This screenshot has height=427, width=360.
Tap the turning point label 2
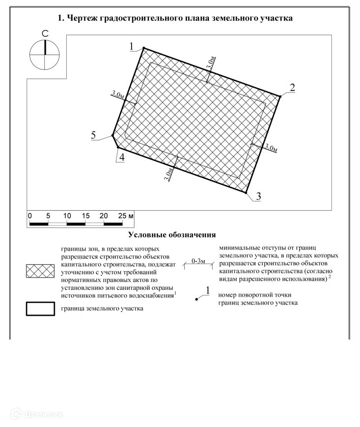292,87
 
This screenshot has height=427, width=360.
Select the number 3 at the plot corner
258,196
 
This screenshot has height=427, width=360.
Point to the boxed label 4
122,157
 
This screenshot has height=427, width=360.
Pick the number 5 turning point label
93,135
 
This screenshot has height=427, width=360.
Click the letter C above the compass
45,33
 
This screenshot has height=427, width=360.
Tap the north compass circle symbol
44,55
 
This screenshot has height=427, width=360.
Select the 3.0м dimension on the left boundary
117,95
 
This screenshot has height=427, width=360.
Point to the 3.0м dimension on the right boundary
271,147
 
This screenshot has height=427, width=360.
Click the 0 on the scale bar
29,216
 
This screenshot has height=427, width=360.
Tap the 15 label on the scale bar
85,216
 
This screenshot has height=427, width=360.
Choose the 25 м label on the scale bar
126,216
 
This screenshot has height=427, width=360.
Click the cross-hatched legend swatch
40,271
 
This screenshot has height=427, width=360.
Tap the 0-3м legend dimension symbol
198,264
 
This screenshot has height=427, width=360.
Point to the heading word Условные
147,234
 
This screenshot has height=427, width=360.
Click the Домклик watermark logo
37,414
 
